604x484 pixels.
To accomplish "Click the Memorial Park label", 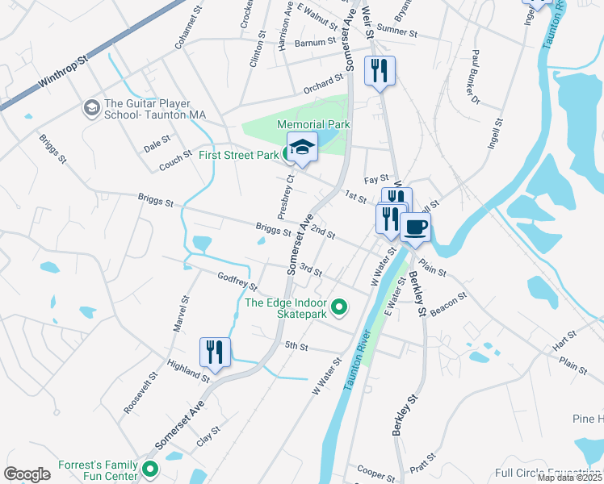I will (313, 124).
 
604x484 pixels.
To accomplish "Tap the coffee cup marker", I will (415, 227).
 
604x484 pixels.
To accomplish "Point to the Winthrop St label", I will (63, 73).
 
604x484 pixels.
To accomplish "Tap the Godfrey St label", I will (237, 281).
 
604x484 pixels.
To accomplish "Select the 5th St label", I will (297, 346).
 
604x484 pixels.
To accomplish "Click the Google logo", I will (27, 474).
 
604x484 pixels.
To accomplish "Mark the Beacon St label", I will (451, 306).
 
